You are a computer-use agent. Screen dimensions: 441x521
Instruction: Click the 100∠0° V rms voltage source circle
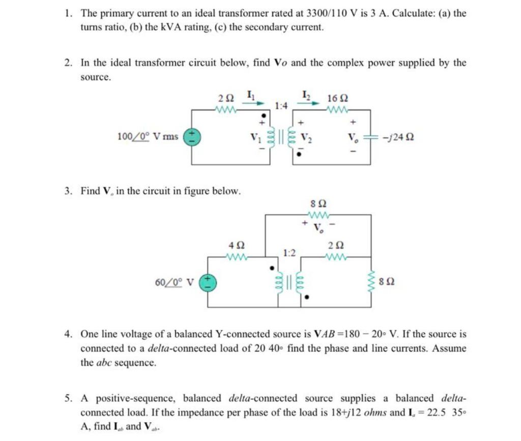tap(192, 136)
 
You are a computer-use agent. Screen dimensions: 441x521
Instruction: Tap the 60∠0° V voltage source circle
tap(207, 281)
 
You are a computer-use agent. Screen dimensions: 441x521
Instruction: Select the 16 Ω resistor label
tap(338, 98)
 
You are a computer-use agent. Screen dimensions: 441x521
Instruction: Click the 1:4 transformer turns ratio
tap(281, 106)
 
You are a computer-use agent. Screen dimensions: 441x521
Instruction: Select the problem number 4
tap(67, 334)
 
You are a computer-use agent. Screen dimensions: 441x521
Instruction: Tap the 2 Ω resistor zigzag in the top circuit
tap(226, 109)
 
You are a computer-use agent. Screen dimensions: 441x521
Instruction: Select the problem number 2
tap(67, 63)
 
